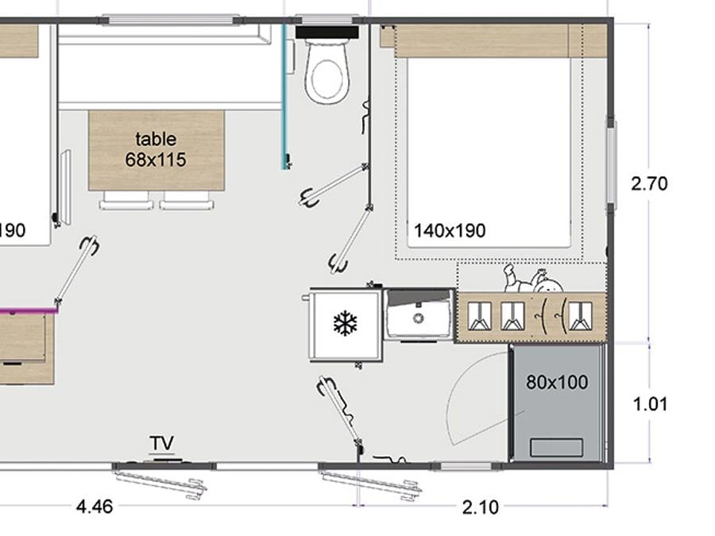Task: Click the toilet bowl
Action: [x=327, y=72]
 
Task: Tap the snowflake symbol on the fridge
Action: [x=346, y=324]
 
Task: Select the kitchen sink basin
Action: [x=419, y=315]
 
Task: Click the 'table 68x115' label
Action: [x=156, y=149]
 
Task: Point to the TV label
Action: [x=162, y=443]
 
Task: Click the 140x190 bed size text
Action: [x=450, y=231]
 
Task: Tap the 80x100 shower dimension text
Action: [x=557, y=383]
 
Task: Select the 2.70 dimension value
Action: [x=649, y=183]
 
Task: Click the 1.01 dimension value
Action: [x=650, y=404]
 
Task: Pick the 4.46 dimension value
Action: [x=95, y=507]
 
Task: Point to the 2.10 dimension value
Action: [x=481, y=507]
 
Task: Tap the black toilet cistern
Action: [x=327, y=32]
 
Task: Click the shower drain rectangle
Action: [x=556, y=447]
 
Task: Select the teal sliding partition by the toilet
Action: [x=285, y=97]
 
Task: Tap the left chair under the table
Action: [x=125, y=200]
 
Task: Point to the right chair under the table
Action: [x=187, y=200]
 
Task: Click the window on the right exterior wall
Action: [x=610, y=163]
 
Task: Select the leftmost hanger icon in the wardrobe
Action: [x=480, y=316]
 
